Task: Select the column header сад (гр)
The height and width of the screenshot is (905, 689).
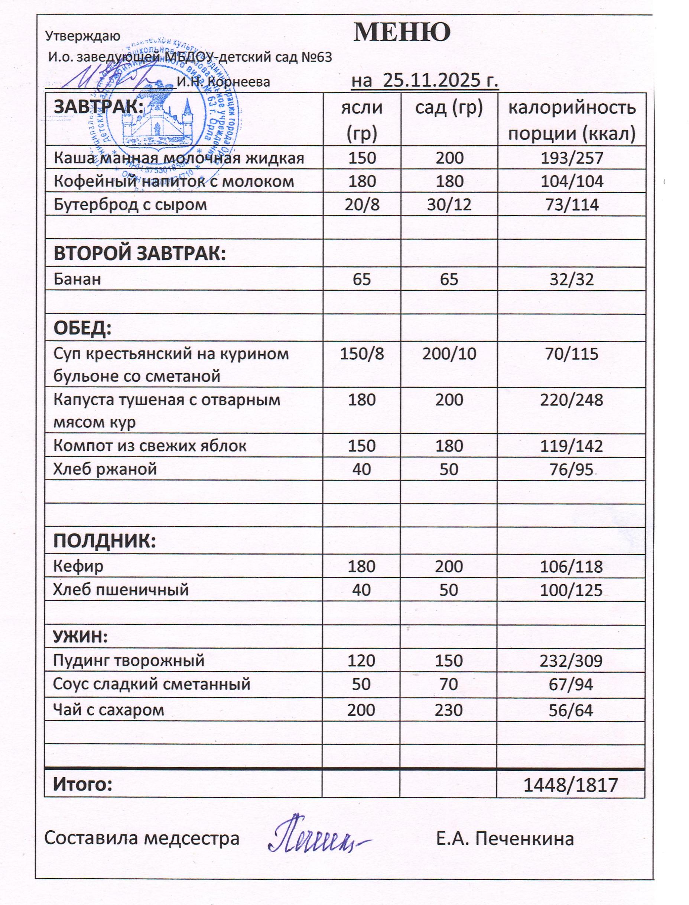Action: [449, 108]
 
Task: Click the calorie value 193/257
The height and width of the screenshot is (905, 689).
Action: [572, 158]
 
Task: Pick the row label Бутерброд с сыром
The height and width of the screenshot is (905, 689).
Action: [130, 205]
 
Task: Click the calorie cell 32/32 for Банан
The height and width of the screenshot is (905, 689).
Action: [572, 279]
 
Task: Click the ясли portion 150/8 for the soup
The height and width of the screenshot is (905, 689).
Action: [362, 354]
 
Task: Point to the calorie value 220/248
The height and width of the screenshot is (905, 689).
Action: [572, 400]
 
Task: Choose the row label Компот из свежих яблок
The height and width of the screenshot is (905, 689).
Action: [150, 446]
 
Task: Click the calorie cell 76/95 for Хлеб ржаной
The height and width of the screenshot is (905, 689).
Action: [572, 469]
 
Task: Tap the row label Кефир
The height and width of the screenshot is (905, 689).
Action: [78, 567]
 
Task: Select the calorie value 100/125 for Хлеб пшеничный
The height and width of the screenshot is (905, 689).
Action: [571, 590]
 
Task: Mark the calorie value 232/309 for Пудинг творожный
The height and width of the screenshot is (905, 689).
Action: [571, 661]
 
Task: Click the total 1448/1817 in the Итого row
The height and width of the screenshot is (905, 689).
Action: [571, 785]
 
